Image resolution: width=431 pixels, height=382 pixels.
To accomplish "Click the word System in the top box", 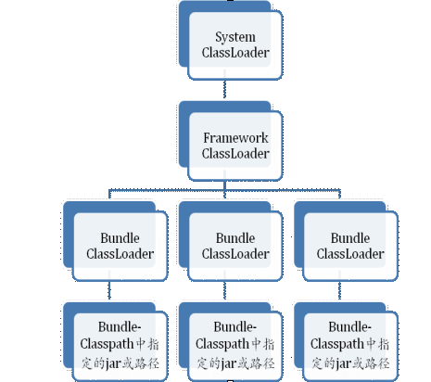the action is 235,37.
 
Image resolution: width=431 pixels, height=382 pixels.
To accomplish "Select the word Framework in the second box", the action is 235,138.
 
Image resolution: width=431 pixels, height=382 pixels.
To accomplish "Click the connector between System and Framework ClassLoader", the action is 224,89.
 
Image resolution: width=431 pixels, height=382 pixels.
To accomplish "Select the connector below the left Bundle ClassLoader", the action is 109,290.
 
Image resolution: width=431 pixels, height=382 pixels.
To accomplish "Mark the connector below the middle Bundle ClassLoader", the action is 224,290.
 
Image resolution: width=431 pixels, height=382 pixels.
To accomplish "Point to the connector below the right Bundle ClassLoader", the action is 339,290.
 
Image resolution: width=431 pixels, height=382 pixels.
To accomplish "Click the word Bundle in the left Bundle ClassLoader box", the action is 120,238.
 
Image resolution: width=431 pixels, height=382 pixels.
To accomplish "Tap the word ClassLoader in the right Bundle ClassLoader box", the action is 350,254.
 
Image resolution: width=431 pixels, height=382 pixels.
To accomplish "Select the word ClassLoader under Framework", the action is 235,154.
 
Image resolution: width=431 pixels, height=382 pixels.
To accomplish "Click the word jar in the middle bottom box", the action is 229,363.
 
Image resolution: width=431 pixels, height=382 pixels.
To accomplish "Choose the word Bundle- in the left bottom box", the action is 120,327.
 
